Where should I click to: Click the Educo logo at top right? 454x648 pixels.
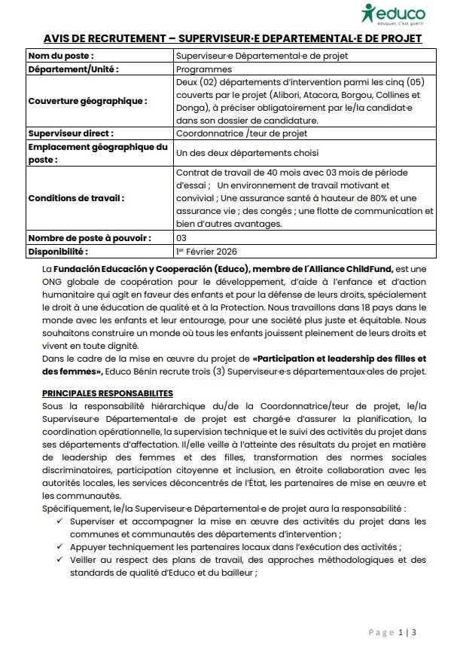click(392, 14)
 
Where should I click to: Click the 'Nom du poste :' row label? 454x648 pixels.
click(60, 56)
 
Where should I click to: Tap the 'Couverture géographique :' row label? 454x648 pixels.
click(87, 100)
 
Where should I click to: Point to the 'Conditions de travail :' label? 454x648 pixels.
click(76, 198)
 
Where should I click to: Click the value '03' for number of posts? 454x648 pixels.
click(181, 237)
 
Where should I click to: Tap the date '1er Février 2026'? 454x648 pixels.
click(206, 251)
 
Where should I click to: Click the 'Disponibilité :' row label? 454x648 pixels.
click(58, 251)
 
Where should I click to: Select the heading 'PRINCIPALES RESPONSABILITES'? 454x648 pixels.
click(108, 393)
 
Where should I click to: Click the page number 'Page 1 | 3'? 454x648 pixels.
click(393, 631)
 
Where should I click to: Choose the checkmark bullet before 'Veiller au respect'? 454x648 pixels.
click(59, 561)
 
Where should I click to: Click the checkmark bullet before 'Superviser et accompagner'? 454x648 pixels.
click(59, 521)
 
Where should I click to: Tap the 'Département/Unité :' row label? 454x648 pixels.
click(73, 69)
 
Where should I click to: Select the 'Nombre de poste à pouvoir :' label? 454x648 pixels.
click(89, 237)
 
